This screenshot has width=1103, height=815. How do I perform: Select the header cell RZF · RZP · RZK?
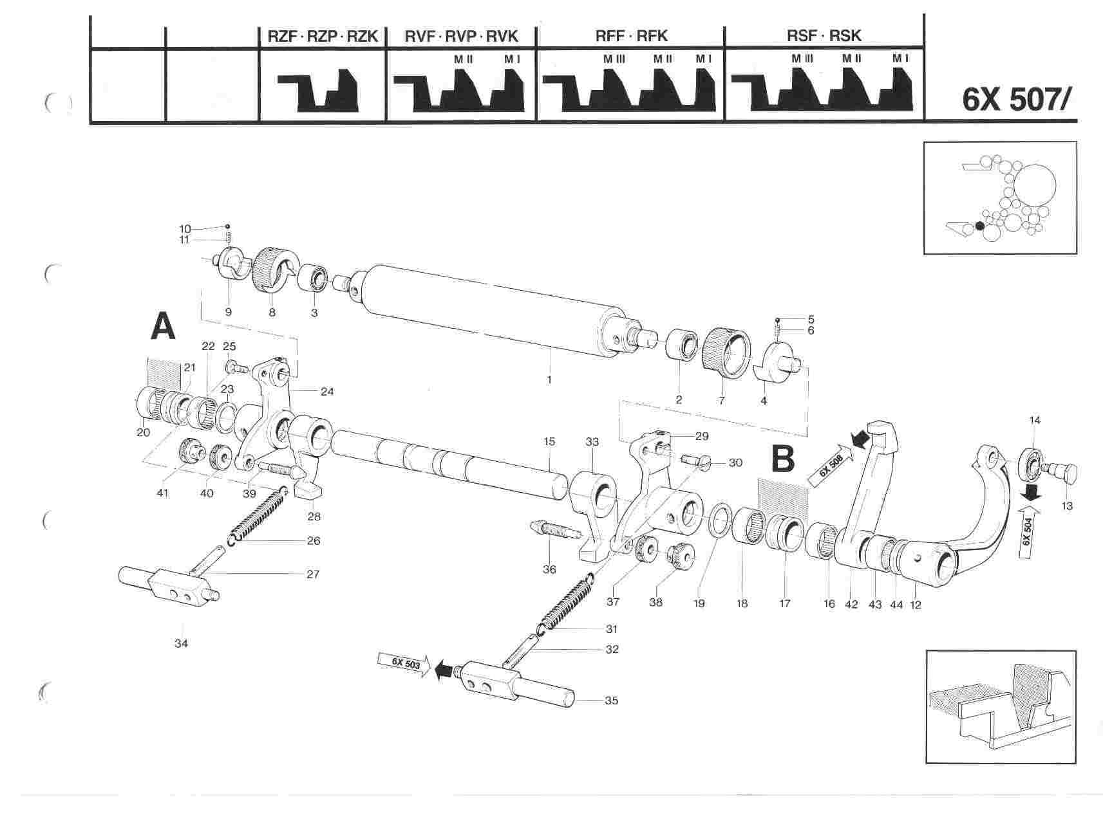323,36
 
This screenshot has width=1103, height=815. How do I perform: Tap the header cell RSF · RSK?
824,35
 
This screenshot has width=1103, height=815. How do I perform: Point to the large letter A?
163,327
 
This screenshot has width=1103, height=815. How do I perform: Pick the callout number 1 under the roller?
549,380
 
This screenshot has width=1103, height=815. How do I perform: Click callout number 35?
611,701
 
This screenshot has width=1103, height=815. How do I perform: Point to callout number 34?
182,643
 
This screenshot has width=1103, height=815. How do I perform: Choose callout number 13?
1067,506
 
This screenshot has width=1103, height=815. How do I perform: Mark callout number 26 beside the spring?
313,541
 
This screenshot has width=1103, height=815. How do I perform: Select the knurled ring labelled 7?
725,353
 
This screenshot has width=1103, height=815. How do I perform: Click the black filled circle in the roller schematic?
980,226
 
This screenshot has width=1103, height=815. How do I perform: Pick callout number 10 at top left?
185,228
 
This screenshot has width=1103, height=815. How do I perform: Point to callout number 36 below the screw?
549,569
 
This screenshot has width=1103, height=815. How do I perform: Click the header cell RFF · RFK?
631,36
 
